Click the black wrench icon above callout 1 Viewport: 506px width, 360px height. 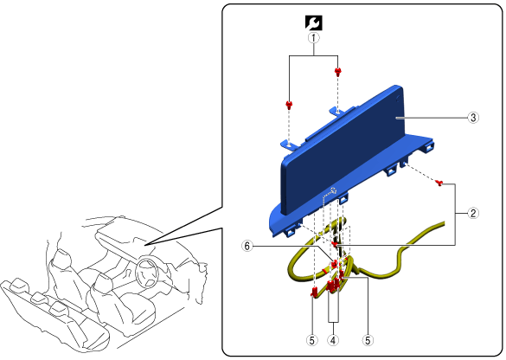click(x=313, y=22)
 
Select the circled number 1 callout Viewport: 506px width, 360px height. click(x=313, y=38)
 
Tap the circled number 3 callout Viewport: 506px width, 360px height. click(x=473, y=118)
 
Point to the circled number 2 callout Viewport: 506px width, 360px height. click(x=473, y=213)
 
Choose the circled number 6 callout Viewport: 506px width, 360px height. click(x=247, y=247)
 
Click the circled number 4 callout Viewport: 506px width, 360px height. click(x=333, y=340)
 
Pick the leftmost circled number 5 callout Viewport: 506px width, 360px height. click(x=311, y=340)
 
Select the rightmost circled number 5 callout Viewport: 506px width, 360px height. click(x=368, y=340)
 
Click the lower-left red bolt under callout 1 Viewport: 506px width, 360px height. click(x=289, y=105)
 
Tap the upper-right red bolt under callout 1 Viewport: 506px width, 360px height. click(x=338, y=72)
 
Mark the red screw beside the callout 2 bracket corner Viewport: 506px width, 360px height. click(x=439, y=183)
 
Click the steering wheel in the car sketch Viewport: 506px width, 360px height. click(x=148, y=272)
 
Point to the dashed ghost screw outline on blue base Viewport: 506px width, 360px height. click(x=333, y=190)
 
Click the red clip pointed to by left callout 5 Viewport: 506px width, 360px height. click(x=314, y=292)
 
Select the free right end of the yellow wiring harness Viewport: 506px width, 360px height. click(x=444, y=223)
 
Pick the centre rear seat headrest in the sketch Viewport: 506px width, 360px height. click(x=40, y=299)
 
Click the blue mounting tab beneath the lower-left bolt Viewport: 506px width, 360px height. click(x=290, y=145)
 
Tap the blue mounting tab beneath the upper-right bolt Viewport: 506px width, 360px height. click(x=336, y=112)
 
